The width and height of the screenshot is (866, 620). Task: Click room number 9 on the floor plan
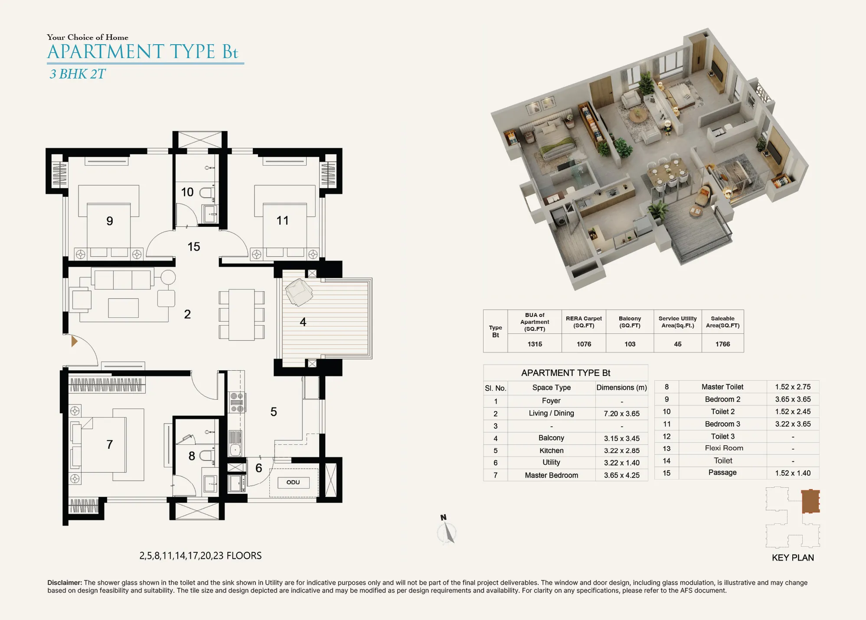[x=110, y=221]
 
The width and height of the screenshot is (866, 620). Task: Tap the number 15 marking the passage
[x=193, y=247]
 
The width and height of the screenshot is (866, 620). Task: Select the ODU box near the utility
[x=293, y=482]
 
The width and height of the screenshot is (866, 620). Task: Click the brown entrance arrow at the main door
[x=74, y=341]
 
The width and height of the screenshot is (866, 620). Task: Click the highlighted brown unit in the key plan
[x=810, y=501]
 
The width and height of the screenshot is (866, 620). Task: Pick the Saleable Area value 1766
[x=722, y=344]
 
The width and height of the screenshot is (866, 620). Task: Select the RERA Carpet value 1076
[x=584, y=344]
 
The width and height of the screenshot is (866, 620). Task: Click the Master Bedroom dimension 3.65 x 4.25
[x=621, y=475]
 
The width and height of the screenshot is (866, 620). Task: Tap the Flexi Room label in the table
[x=724, y=448]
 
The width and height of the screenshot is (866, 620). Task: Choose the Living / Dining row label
[x=551, y=413]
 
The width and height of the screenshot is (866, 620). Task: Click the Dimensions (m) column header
[x=621, y=388]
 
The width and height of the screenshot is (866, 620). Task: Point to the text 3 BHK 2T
[x=77, y=74]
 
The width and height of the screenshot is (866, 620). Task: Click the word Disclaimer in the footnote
[x=65, y=583]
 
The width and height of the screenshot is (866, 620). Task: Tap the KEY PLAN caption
[x=793, y=558]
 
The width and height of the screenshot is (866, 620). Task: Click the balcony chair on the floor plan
[x=298, y=292]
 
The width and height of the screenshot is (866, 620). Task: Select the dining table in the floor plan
[x=242, y=315]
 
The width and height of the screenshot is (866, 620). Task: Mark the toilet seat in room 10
[x=207, y=193]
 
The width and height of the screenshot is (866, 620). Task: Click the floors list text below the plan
[x=200, y=556]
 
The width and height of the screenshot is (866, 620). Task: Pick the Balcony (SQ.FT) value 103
[x=630, y=344]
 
